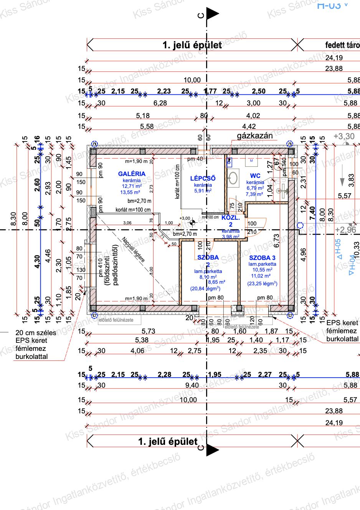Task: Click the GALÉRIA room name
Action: [x=132, y=174]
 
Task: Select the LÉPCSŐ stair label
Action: [x=203, y=178]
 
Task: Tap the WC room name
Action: [x=255, y=176]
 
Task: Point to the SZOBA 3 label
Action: [x=262, y=258]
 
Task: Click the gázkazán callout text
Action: [x=254, y=135]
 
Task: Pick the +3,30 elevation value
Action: [x=344, y=136]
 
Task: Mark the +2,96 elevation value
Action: [x=345, y=230]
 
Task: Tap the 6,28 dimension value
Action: [x=160, y=103]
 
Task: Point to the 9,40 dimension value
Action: [x=192, y=385]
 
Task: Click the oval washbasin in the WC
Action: [x=233, y=178]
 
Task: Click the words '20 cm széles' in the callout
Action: [x=36, y=332]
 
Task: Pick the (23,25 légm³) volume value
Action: [x=262, y=283]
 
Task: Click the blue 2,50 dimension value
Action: [x=258, y=91]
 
